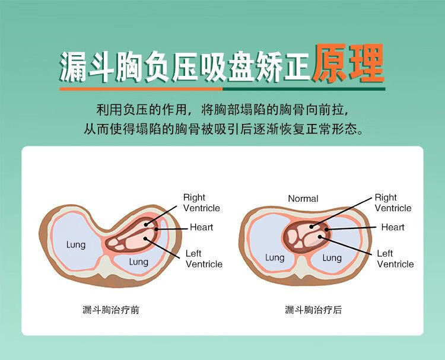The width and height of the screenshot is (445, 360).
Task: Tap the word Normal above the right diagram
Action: (303, 199)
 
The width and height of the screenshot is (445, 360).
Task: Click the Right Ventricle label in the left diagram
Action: (201, 203)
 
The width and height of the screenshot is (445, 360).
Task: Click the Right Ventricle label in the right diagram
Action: (393, 203)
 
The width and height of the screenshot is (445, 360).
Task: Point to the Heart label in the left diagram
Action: (201, 227)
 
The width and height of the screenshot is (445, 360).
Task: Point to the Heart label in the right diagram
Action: (393, 227)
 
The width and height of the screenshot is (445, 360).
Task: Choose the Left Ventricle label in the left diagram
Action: (204, 259)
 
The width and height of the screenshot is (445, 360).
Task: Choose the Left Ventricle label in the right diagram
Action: (395, 259)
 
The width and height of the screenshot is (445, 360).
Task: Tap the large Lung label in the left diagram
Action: (76, 244)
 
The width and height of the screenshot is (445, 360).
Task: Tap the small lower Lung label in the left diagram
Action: (139, 262)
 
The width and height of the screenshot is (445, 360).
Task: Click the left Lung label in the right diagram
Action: (275, 257)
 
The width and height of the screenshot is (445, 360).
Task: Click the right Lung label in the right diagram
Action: (332, 257)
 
